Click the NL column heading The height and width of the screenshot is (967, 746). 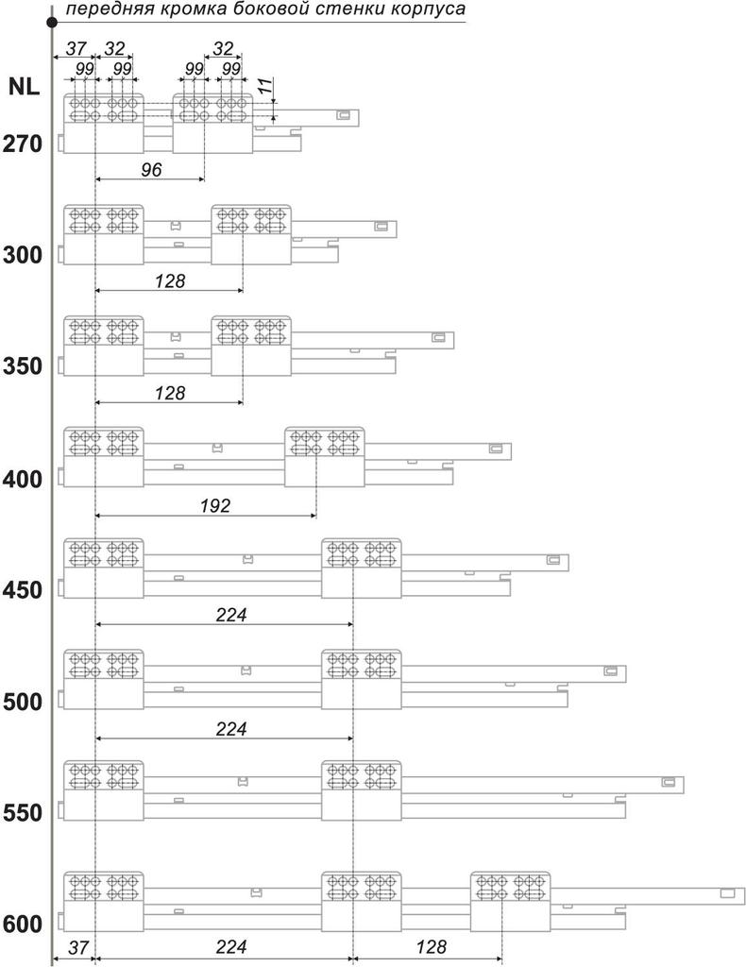24,87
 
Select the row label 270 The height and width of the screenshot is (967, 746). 22,145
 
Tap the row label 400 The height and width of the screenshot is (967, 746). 22,479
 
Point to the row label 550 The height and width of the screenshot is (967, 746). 22,812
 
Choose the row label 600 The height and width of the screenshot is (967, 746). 22,924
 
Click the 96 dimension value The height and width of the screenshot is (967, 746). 151,170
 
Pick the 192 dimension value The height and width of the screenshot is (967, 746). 215,506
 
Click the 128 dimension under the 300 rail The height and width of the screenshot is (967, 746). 170,281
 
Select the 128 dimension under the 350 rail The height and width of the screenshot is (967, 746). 170,393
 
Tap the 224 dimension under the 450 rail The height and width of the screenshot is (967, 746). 230,615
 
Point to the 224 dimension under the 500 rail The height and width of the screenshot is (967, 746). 230,728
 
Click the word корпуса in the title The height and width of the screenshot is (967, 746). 427,11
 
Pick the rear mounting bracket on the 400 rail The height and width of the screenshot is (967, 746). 325,457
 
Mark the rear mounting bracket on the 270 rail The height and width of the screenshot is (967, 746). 212,124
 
